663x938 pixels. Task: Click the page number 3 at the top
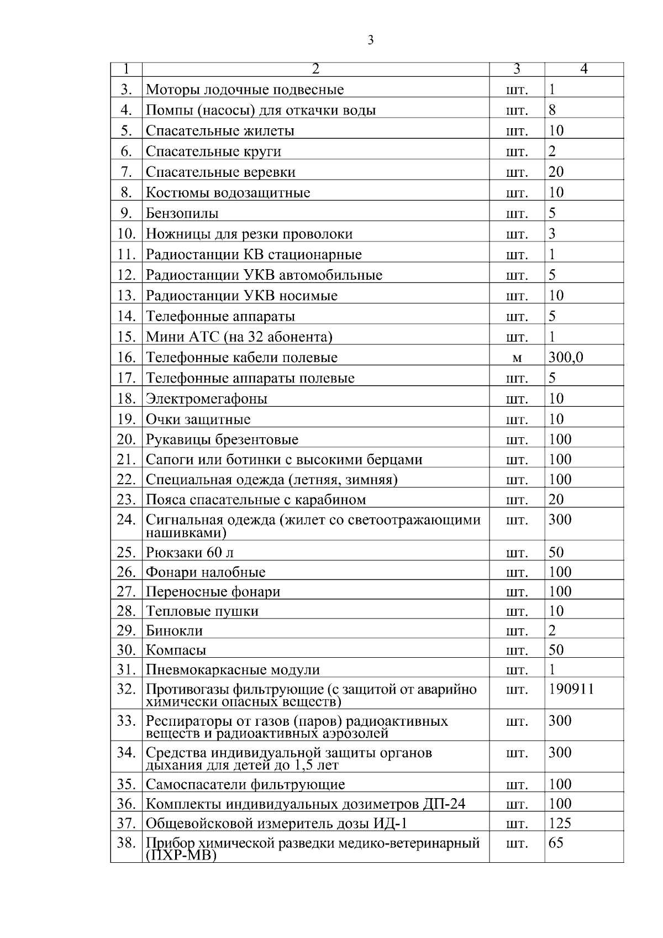click(x=370, y=40)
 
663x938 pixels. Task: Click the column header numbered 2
click(x=315, y=69)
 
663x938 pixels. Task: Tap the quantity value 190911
click(x=571, y=689)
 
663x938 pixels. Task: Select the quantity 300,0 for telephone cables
click(x=566, y=358)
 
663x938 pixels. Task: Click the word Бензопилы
click(x=182, y=213)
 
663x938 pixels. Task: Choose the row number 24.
click(x=127, y=520)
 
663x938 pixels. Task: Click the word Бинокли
click(x=175, y=631)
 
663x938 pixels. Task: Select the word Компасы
click(x=176, y=650)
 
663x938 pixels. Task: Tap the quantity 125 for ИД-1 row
click(x=560, y=824)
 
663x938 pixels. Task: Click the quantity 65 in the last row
click(x=556, y=843)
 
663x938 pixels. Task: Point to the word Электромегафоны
click(x=207, y=399)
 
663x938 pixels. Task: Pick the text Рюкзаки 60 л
click(x=190, y=553)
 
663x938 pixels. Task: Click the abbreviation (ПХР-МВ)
click(x=182, y=856)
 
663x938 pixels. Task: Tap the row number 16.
click(x=127, y=358)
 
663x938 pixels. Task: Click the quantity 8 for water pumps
click(x=552, y=110)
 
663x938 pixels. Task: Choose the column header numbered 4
click(x=584, y=69)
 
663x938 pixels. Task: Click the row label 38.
click(x=127, y=843)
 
